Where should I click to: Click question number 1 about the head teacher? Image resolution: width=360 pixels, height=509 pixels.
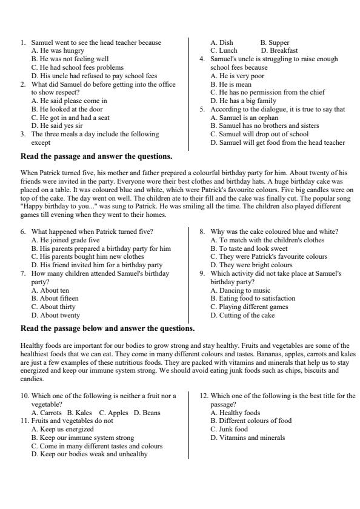91,42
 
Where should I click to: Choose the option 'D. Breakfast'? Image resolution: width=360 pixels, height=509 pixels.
279,51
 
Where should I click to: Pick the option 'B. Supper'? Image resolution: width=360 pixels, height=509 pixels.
275,42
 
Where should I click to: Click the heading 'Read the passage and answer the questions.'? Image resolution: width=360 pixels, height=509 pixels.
96,156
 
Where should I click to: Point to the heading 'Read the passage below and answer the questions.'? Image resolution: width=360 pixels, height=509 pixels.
107,328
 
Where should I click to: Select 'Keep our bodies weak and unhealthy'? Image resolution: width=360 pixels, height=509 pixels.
89,453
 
